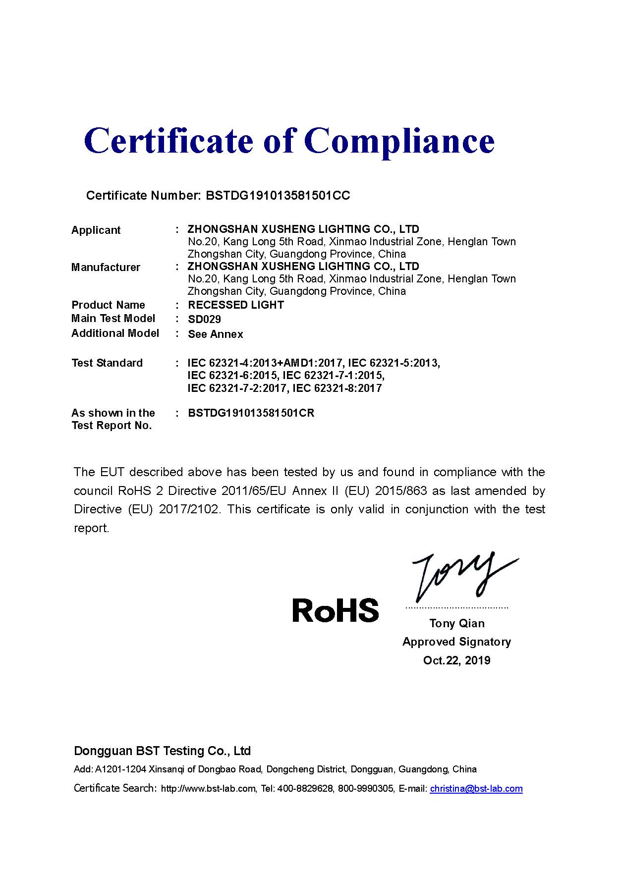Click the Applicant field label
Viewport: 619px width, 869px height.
96,230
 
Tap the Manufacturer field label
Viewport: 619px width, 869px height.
106,268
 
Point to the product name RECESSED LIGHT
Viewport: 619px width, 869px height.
236,305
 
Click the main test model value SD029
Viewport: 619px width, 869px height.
204,320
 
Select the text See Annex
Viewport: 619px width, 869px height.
216,334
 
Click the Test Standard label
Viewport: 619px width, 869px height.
107,363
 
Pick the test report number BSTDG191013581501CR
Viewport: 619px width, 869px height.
251,413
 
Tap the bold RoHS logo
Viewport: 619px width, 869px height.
336,610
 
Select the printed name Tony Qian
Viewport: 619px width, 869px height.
457,623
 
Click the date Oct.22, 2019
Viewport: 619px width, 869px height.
457,660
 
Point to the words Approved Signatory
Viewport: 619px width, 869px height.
457,642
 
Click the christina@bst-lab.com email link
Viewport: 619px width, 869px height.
476,789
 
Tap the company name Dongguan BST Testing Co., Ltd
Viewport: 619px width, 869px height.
162,751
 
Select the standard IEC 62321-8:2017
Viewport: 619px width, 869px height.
338,388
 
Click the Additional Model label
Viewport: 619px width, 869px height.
115,333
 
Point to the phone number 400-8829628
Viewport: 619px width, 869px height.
305,789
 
